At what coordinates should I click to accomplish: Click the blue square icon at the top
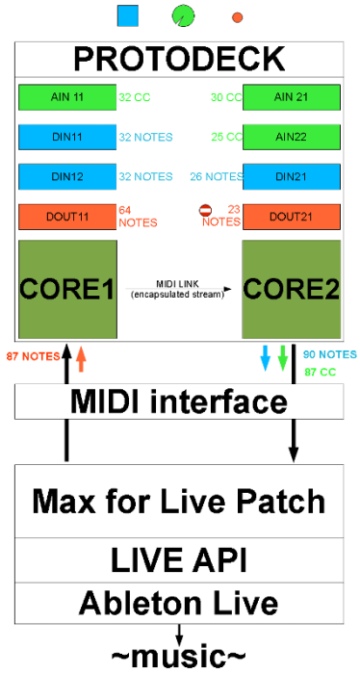127,15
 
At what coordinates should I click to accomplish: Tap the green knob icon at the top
183,15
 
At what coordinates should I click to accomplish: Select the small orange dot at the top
238,17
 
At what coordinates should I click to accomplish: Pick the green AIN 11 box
66,97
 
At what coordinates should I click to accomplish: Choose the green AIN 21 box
292,97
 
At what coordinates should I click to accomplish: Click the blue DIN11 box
66,137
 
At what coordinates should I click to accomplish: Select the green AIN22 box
292,137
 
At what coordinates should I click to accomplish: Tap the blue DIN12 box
66,176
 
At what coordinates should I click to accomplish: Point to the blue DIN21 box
292,176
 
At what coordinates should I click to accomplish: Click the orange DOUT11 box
66,216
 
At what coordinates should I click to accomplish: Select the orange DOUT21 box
292,216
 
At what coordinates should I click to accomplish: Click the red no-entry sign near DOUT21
204,210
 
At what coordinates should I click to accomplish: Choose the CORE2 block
292,288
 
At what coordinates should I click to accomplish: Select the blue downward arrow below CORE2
266,359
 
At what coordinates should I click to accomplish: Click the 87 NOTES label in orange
33,356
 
